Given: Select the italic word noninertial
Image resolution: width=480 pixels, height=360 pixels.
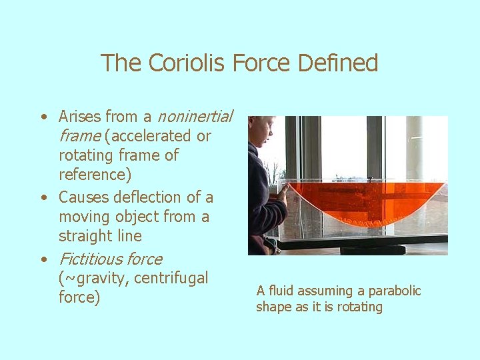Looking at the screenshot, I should [x=195, y=117].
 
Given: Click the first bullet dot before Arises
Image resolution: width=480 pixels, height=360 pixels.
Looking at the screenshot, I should [x=43, y=117].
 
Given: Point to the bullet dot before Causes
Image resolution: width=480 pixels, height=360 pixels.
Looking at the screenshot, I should [x=43, y=198].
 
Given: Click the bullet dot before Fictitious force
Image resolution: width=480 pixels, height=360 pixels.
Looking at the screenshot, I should [x=43, y=259].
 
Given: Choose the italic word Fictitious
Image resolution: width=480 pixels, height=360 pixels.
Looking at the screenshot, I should [x=90, y=259].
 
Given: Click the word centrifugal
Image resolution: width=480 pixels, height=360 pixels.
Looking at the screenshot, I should [x=171, y=277].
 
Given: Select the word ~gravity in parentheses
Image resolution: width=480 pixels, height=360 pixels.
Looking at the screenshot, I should [x=94, y=278].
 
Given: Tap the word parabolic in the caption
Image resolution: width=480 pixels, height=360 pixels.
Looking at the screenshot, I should [x=395, y=291].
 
